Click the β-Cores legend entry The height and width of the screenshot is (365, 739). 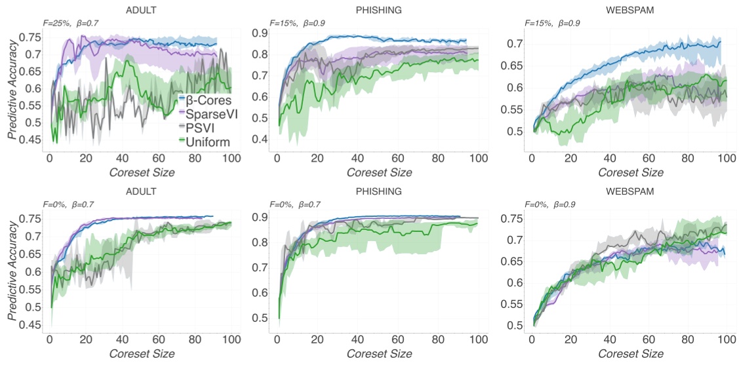click(204, 99)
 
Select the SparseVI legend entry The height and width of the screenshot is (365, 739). click(205, 113)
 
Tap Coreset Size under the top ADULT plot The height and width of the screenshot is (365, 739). click(142, 172)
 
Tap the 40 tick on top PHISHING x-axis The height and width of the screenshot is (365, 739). click(357, 159)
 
